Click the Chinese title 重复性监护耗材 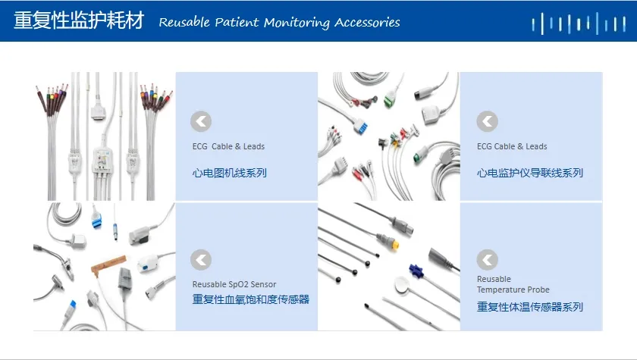coord(79,20)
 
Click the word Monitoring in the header coord(297,23)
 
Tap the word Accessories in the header coord(367,22)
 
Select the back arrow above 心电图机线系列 coord(201,121)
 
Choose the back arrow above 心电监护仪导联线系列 coord(487,121)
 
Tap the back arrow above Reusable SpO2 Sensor coord(201,260)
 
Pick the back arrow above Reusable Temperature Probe coord(487,260)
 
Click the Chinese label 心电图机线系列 coord(230,173)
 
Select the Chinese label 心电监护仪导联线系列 coord(530,173)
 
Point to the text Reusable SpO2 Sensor coord(234,284)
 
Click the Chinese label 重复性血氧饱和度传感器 coord(251,299)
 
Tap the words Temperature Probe coord(513,290)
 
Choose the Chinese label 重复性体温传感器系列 coord(530,307)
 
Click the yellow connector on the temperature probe coord(393,244)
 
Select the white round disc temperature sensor coord(402,284)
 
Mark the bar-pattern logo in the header coord(579,23)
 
